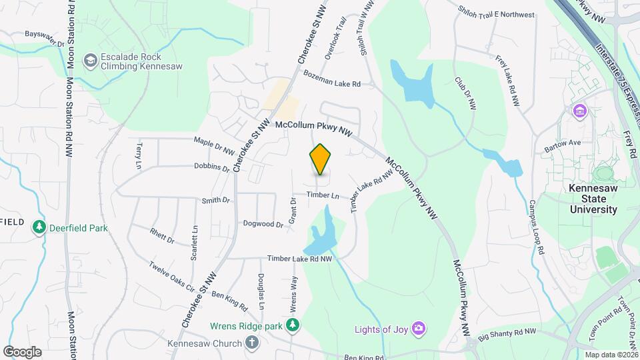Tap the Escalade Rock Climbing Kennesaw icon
89,62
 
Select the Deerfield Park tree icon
39,228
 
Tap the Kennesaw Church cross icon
252,343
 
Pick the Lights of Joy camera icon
419,328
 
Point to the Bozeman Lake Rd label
331,79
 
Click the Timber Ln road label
323,195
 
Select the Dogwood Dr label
263,224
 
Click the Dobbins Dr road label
212,167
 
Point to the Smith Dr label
215,200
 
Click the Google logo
22,352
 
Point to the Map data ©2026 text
611,355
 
